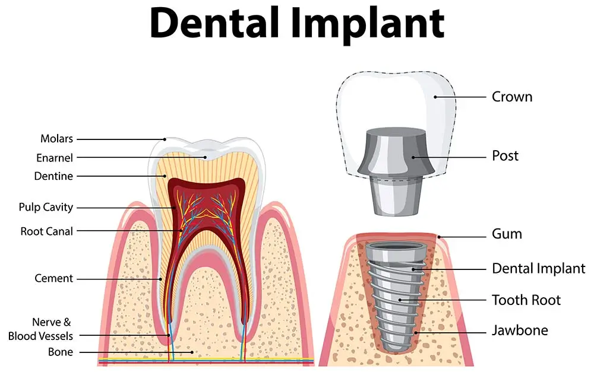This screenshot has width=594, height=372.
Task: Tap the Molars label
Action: pyautogui.click(x=56, y=139)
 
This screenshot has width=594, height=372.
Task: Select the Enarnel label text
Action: pyautogui.click(x=55, y=158)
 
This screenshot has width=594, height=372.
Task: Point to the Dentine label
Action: pyautogui.click(x=53, y=176)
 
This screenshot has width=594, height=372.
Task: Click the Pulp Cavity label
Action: pyautogui.click(x=46, y=208)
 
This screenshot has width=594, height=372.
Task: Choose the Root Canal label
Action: pyautogui.click(x=46, y=231)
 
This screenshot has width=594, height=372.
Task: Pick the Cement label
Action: pyautogui.click(x=53, y=278)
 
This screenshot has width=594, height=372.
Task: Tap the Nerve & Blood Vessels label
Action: pyautogui.click(x=40, y=329)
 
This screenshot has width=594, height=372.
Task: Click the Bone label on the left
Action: pyautogui.click(x=61, y=352)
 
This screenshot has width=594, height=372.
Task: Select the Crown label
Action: pyautogui.click(x=512, y=97)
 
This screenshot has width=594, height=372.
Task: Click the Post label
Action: pyautogui.click(x=505, y=156)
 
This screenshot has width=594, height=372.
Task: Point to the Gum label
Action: pyautogui.click(x=507, y=234)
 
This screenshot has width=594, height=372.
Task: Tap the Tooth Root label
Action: pyautogui.click(x=526, y=300)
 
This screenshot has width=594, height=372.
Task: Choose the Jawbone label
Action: pyautogui.click(x=520, y=330)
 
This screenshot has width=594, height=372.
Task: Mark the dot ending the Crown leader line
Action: pyautogui.click(x=435, y=97)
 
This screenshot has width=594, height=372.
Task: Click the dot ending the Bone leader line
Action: pyautogui.click(x=193, y=352)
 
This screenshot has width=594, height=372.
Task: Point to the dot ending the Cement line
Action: pyautogui.click(x=160, y=278)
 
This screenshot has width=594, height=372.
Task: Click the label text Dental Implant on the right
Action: pyautogui.click(x=538, y=269)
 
